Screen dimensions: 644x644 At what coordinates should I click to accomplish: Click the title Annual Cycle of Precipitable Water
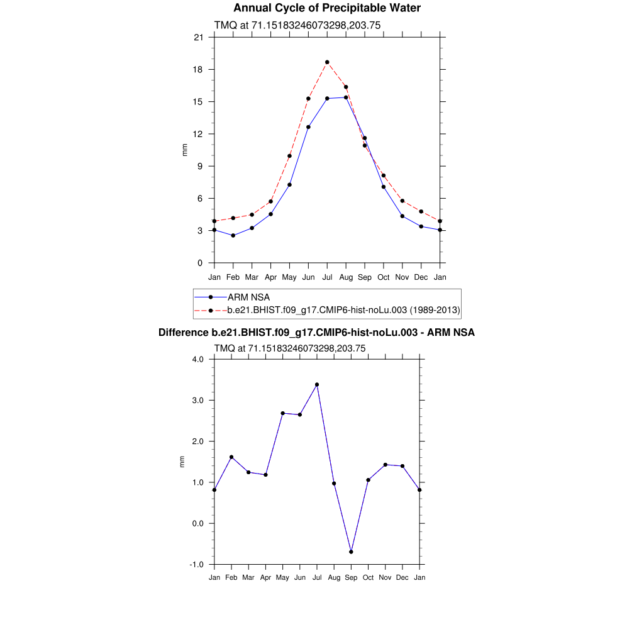pos(326,8)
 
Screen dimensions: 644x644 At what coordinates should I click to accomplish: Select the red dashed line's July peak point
pos(327,62)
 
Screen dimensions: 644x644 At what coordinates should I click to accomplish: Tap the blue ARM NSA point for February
pos(233,235)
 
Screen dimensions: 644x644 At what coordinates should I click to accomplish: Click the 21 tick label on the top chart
pos(198,38)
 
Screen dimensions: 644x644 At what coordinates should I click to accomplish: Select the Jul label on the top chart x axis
pos(327,277)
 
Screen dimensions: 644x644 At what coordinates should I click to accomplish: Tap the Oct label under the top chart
pos(384,277)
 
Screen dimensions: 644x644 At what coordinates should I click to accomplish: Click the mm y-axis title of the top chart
pos(184,150)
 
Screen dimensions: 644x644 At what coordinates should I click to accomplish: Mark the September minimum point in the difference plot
pos(351,552)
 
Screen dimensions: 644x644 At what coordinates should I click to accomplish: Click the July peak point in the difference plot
pos(317,384)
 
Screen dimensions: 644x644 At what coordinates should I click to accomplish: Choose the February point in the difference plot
pos(231,457)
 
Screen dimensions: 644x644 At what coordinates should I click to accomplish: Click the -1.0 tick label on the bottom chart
pos(197,565)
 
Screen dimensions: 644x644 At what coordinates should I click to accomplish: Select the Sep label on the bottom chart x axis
pos(351,577)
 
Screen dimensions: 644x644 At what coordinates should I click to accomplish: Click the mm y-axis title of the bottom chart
pos(183,462)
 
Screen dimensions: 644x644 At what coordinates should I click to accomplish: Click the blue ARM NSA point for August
pos(346,97)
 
